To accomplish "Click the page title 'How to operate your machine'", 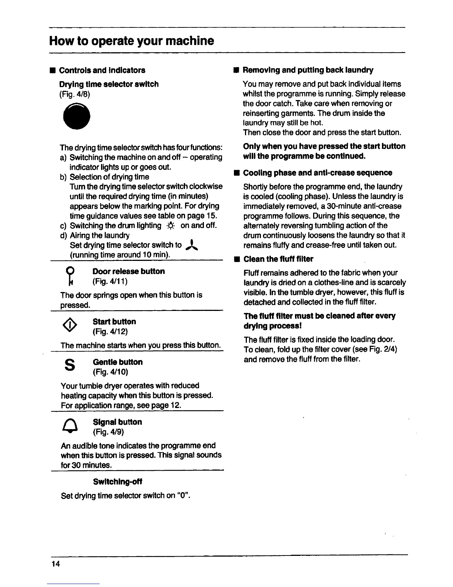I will pos(132,40).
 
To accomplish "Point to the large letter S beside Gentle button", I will pos(69,366).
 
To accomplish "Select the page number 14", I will pos(56,564).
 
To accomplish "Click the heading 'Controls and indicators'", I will pos(102,70).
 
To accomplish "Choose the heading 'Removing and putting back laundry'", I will pos(308,70).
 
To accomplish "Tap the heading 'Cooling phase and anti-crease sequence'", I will pos(318,173).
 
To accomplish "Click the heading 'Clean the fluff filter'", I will pos(278,259).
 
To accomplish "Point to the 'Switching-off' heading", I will pos(118,482).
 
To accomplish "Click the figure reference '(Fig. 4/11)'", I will pos(110,282).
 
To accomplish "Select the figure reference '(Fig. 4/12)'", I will pos(110,331).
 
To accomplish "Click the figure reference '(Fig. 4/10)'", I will pos(110,372).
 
